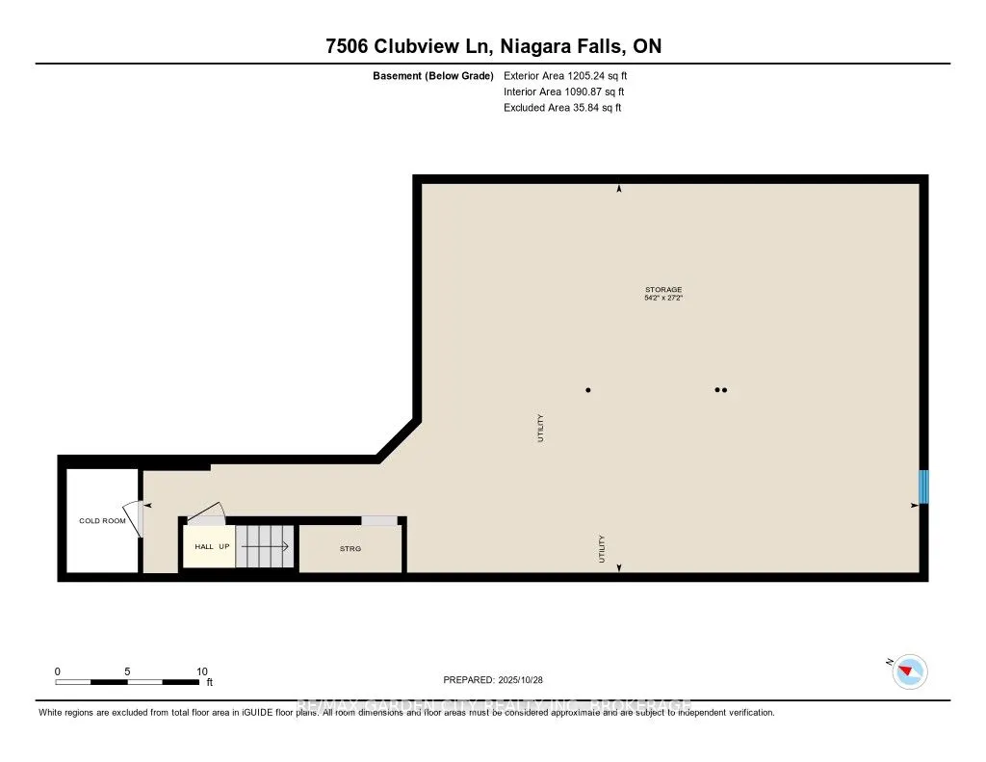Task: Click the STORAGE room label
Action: [662, 289]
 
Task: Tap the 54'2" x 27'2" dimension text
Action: [662, 299]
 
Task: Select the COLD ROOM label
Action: [102, 521]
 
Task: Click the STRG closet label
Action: [350, 549]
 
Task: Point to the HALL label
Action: [204, 546]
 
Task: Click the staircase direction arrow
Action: [265, 546]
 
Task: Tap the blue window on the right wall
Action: [923, 486]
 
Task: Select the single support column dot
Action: [588, 390]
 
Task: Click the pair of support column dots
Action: [720, 390]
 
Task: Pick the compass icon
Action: [910, 670]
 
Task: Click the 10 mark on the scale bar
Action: [201, 671]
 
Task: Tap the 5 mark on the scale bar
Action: [127, 671]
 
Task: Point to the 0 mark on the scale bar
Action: [58, 671]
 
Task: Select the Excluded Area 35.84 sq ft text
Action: [562, 108]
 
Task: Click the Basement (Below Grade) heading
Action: [433, 75]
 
